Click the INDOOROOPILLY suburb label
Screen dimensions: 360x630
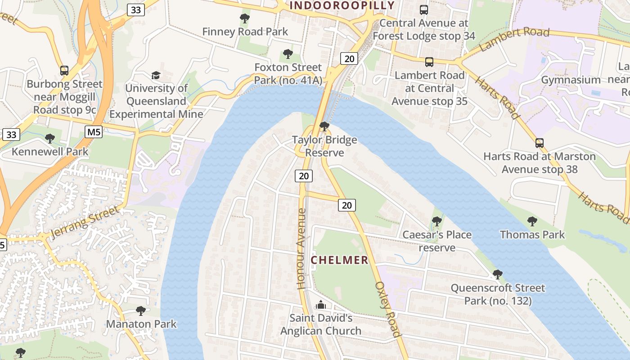coord(342,5)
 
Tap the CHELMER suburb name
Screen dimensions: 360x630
coord(340,260)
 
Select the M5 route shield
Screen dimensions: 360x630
coord(93,132)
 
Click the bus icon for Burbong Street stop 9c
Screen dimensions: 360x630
coord(64,71)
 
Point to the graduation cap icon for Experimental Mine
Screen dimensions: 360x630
coord(156,75)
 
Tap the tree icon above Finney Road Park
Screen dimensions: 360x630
coord(245,18)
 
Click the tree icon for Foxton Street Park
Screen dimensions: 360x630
coord(288,54)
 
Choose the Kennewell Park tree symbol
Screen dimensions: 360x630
coord(50,138)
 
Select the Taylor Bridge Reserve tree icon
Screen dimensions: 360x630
coord(324,126)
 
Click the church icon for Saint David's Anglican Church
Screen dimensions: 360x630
coord(320,305)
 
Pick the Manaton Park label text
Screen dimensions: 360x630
coord(141,324)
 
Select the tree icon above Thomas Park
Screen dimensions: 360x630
coord(532,221)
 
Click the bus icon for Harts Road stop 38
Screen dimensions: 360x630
coord(540,143)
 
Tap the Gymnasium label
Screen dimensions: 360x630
coord(571,80)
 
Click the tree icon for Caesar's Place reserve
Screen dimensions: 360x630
coord(436,221)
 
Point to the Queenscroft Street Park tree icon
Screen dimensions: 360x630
coord(497,274)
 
